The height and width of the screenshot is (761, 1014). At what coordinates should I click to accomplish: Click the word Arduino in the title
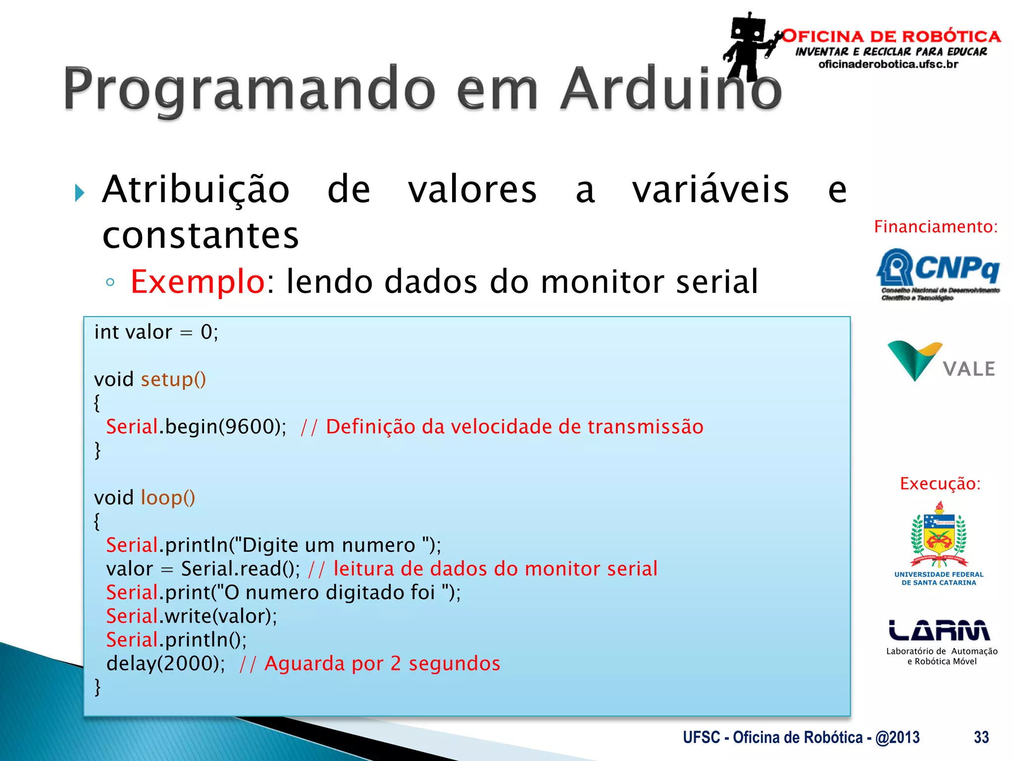(x=671, y=89)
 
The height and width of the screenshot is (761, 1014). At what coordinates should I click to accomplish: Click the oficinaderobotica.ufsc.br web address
(x=888, y=64)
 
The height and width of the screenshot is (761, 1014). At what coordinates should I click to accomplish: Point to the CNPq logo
(x=938, y=273)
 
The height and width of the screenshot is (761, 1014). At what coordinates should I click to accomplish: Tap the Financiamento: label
(x=935, y=227)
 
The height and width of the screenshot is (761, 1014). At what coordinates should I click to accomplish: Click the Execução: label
(x=940, y=484)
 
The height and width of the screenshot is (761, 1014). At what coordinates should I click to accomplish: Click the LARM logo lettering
(x=939, y=630)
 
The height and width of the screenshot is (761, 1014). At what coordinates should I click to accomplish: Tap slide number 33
(x=981, y=737)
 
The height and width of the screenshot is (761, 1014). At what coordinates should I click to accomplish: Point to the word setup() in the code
(x=173, y=380)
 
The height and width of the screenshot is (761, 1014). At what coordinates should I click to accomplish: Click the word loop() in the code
(x=168, y=498)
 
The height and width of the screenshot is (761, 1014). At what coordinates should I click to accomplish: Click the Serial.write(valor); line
(x=192, y=616)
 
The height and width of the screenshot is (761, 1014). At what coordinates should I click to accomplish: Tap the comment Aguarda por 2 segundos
(x=382, y=663)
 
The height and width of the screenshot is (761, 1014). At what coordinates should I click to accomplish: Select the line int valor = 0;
(x=156, y=332)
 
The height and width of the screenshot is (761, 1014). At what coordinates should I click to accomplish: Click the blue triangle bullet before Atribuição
(x=79, y=192)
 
